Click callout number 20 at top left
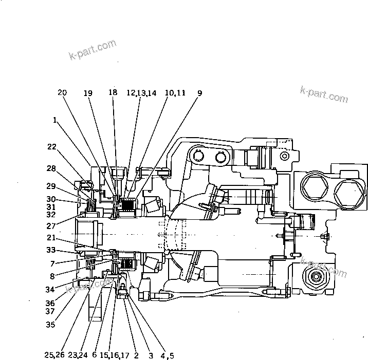click(62, 93)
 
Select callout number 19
click(88, 93)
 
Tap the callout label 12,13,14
click(141, 93)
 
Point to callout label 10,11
click(175, 93)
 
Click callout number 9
click(199, 93)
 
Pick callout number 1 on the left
click(54, 120)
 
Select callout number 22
click(51, 146)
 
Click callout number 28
click(51, 168)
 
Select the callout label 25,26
click(54, 354)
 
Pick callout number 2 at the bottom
click(136, 354)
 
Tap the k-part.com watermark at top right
click(324, 94)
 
